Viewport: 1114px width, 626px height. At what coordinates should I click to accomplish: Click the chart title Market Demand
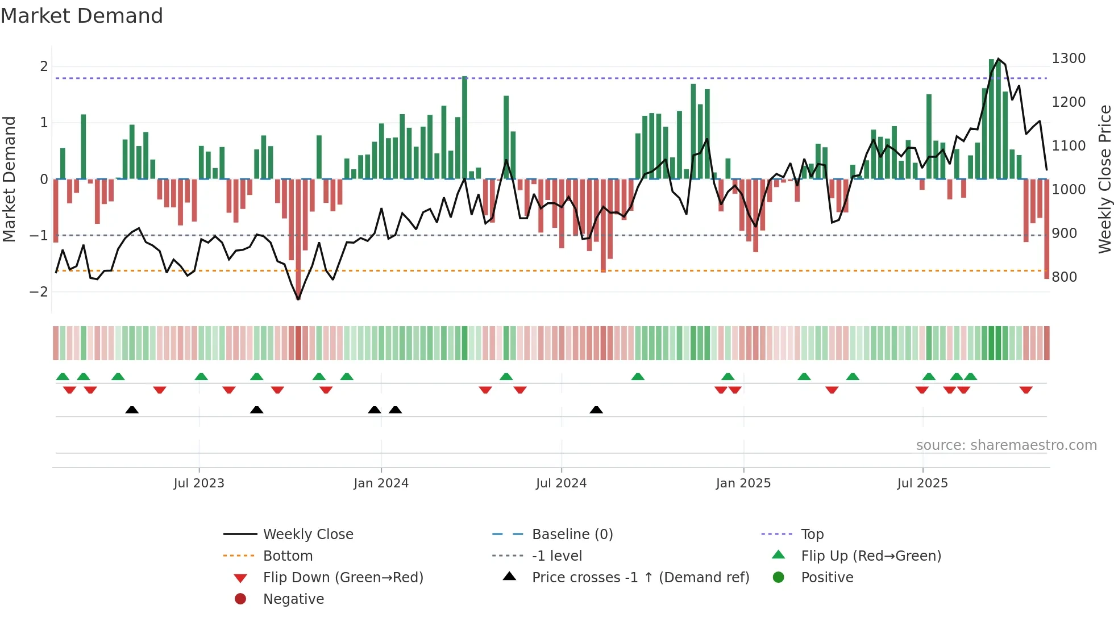point(82,16)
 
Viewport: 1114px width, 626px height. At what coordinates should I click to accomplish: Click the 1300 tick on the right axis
point(1068,59)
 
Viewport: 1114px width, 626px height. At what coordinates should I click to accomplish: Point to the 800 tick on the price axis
point(1064,277)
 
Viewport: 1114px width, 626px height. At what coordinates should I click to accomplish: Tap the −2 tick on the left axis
point(39,291)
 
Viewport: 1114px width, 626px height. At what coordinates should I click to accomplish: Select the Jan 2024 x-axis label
point(381,483)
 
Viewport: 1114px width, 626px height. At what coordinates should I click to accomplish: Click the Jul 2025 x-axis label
point(922,483)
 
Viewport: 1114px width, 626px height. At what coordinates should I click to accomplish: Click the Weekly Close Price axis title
point(1104,179)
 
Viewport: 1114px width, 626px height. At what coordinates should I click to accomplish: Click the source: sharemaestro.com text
point(1006,445)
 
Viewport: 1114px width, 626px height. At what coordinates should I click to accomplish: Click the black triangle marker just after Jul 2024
point(596,410)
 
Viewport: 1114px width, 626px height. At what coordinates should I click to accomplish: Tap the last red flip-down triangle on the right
point(1026,390)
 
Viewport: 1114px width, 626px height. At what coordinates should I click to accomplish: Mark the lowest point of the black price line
point(298,299)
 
